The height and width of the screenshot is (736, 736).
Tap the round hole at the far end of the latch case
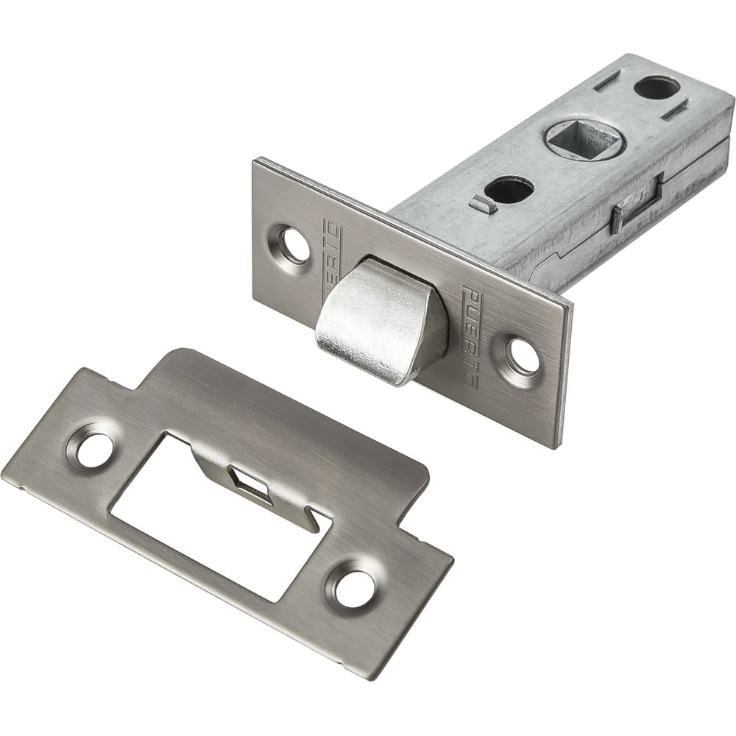click(x=657, y=87)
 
